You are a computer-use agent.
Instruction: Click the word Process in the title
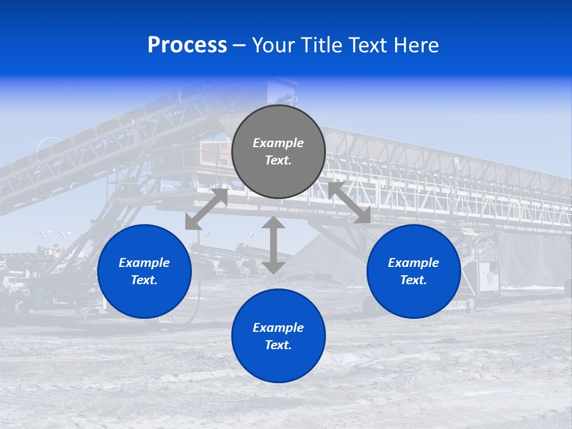pos(187,45)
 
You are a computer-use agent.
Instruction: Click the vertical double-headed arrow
pos(273,245)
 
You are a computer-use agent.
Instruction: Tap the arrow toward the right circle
pos(349,203)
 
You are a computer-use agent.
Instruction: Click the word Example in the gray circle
pos(278,143)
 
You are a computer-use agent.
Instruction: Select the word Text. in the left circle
pos(144,280)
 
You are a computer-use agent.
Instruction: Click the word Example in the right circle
pos(414,263)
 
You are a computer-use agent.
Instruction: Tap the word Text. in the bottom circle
pos(278,345)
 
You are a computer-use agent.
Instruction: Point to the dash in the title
pos(239,45)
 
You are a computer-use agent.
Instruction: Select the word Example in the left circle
pos(144,263)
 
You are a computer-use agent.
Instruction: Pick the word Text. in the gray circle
pos(278,160)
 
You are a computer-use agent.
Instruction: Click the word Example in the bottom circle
pos(278,328)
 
